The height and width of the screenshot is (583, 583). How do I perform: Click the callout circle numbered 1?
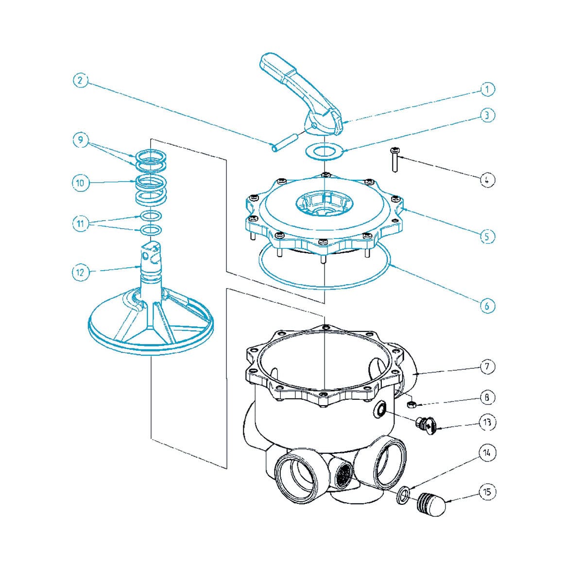[487, 89]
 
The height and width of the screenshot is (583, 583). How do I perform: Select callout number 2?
[81, 81]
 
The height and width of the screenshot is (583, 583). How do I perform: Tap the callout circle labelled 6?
[487, 306]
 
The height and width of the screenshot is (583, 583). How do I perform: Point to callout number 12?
[81, 272]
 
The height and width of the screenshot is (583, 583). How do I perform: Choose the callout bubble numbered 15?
[487, 492]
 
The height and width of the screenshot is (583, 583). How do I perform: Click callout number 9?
[81, 140]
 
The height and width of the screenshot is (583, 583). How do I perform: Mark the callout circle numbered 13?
[487, 422]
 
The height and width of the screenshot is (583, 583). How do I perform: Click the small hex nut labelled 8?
[410, 403]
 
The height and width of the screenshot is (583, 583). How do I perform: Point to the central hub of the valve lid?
[323, 204]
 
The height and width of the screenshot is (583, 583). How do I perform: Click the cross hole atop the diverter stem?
[144, 252]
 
